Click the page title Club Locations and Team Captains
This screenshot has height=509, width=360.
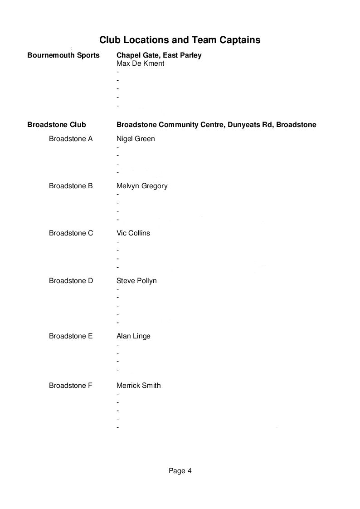pos(180,40)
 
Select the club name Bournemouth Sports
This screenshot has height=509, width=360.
pos(63,55)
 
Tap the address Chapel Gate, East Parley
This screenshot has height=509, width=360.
pos(159,55)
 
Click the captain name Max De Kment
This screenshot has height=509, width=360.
pos(140,64)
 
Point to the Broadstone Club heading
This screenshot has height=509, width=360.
pos(56,124)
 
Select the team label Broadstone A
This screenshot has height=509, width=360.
pos(71,139)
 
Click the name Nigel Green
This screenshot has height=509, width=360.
pos(136,139)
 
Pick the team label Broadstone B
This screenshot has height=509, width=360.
pos(71,186)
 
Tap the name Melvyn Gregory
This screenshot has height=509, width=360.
pos(142,186)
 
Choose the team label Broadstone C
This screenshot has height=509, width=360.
pos(71,233)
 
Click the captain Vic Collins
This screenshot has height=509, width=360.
pos(133,233)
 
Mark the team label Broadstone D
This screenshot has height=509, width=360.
pos(71,281)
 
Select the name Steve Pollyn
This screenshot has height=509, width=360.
pos(136,281)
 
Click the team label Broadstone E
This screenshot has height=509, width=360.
pos(71,336)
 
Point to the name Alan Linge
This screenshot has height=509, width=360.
pos(133,336)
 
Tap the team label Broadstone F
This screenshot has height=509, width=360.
pos(71,386)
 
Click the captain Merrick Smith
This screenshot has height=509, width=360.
pos(138,386)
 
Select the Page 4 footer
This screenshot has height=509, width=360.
pos(180,471)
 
